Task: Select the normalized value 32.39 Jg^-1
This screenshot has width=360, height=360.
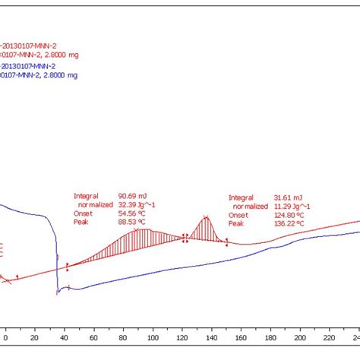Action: click(135, 204)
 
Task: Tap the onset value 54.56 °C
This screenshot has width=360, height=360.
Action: click(133, 213)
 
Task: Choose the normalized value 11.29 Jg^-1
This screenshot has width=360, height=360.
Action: click(290, 206)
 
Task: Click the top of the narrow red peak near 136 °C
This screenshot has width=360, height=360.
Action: click(206, 218)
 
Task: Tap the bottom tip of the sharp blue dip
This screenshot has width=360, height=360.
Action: click(57, 293)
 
